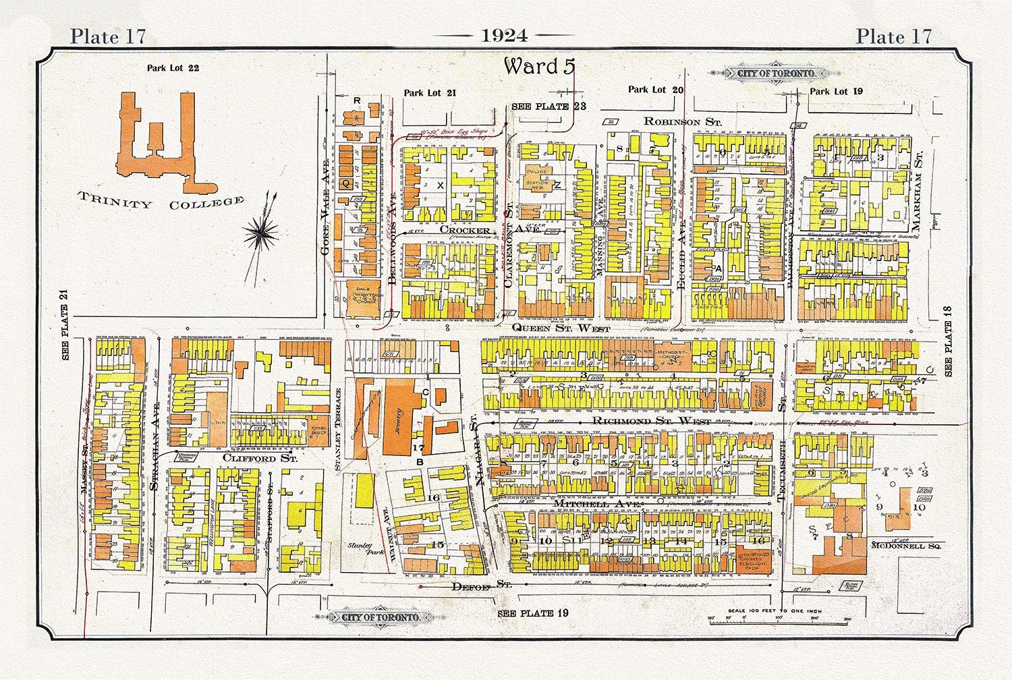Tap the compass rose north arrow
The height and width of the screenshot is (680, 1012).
click(261, 233)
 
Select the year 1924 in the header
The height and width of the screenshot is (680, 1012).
click(505, 36)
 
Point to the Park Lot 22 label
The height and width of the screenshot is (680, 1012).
click(173, 67)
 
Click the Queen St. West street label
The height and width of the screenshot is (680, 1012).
click(560, 328)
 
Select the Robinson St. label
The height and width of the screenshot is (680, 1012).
click(682, 121)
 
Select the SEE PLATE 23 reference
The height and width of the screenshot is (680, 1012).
click(549, 106)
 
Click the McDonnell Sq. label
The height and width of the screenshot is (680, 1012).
click(905, 545)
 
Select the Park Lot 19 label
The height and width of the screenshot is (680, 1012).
click(836, 91)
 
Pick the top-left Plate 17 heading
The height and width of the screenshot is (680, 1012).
click(108, 36)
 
